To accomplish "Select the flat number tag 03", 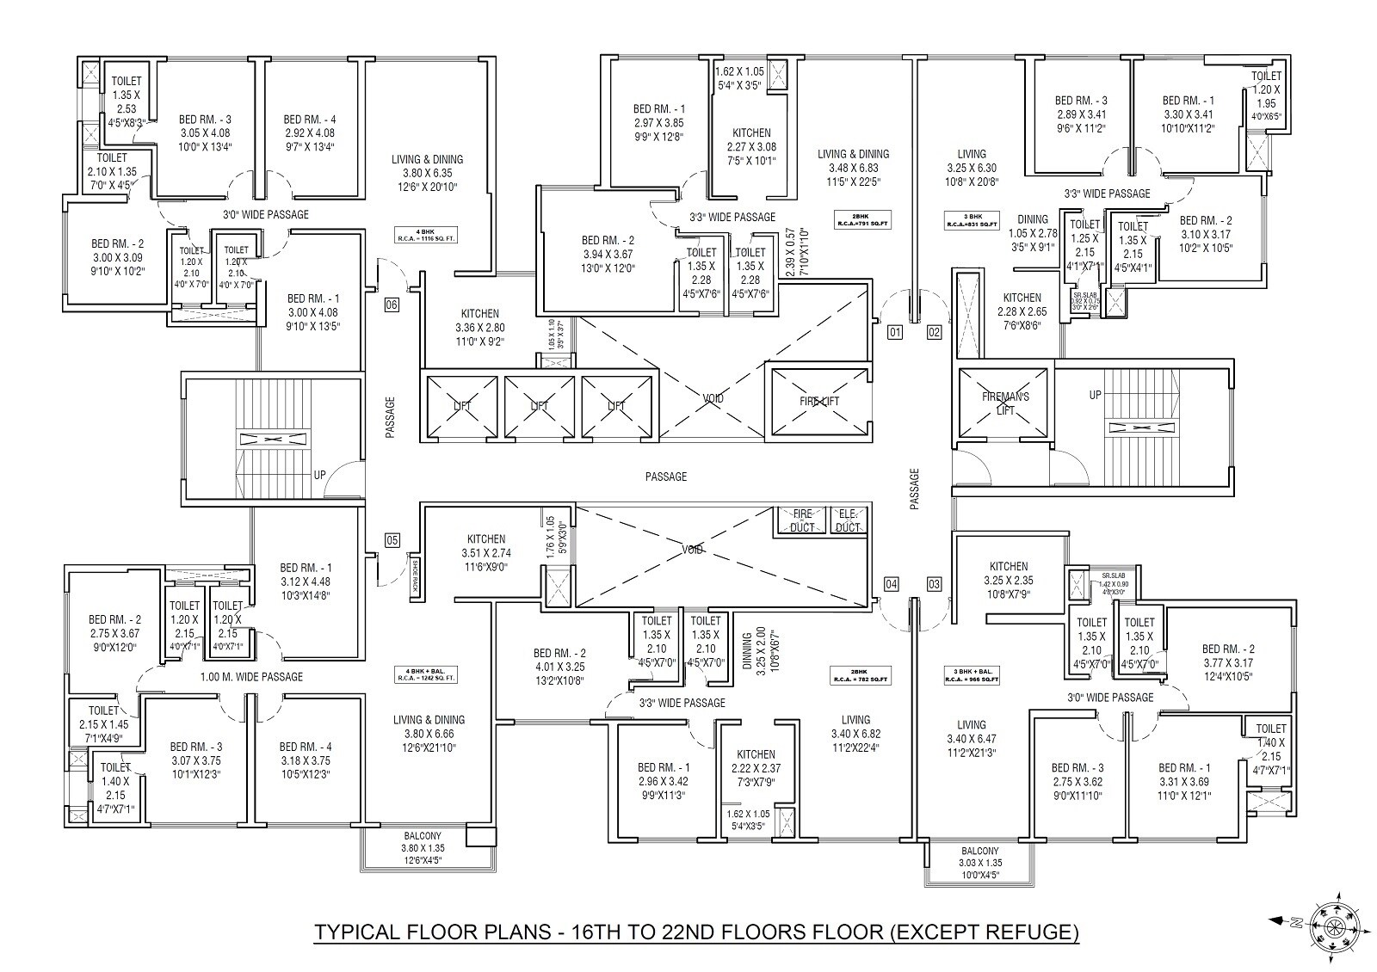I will pyautogui.click(x=934, y=585).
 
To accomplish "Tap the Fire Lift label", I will pyautogui.click(x=818, y=401).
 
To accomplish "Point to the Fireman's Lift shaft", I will pyautogui.click(x=1005, y=403).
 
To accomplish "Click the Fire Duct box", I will pyautogui.click(x=802, y=520).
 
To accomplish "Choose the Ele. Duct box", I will pyautogui.click(x=848, y=520).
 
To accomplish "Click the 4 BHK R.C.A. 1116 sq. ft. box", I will pyautogui.click(x=426, y=234).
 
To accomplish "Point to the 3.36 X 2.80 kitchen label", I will pyautogui.click(x=480, y=328).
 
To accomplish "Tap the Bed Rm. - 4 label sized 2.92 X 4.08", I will pyautogui.click(x=310, y=133).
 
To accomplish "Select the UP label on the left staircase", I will pyautogui.click(x=319, y=475).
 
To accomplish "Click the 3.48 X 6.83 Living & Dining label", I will pyautogui.click(x=853, y=168).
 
